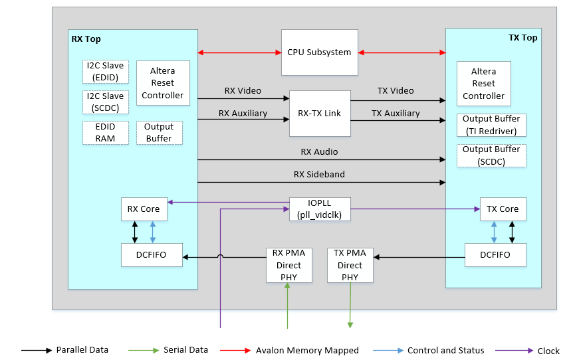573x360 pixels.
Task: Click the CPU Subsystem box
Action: click(x=319, y=52)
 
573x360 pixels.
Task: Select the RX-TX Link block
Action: click(x=319, y=114)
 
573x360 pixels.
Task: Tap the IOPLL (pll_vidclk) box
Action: click(x=320, y=209)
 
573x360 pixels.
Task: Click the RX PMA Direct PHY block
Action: click(x=288, y=265)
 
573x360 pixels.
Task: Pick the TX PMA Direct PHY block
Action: click(x=350, y=265)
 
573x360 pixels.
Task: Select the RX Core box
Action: click(x=144, y=209)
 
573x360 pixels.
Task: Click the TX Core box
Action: click(x=503, y=209)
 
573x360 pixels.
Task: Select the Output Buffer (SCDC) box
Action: click(x=491, y=155)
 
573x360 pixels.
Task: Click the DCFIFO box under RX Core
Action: click(x=152, y=255)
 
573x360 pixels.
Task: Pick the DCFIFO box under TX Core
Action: click(x=495, y=255)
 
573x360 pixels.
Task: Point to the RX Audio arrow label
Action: click(x=319, y=152)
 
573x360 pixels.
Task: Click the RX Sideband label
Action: click(x=319, y=175)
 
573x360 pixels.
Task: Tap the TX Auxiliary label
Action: click(x=396, y=114)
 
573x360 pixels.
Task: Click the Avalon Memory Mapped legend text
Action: click(x=307, y=350)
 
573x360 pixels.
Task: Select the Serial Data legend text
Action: click(x=185, y=350)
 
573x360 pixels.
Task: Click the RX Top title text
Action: click(x=86, y=39)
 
